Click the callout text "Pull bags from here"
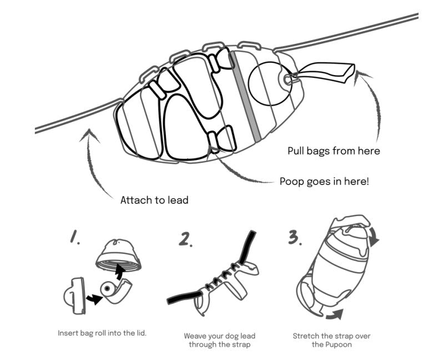pos(334,151)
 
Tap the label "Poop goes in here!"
pos(324,181)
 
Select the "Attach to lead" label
pos(154,200)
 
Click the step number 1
pos(75,237)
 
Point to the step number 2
pos(185,239)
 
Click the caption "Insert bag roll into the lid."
pos(102,333)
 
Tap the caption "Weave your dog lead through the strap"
pos(219,340)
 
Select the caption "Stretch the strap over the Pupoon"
pos(331,340)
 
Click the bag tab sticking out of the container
pos(326,73)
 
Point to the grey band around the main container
pos(245,96)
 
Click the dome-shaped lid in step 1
pos(118,256)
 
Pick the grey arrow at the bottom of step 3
pos(335,314)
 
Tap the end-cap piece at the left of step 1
pos(74,296)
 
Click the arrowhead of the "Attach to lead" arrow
pos(89,134)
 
